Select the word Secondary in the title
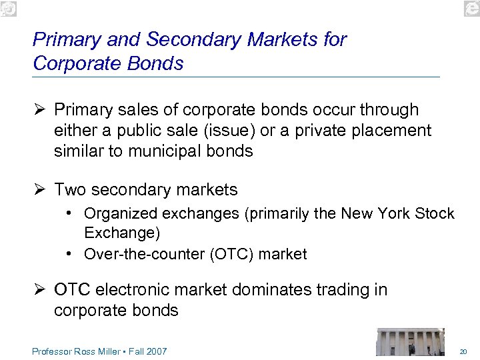coord(194,40)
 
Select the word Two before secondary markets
coord(70,190)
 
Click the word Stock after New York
coord(434,214)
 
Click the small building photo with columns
coord(409,341)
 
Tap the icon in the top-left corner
coord(8,7)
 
